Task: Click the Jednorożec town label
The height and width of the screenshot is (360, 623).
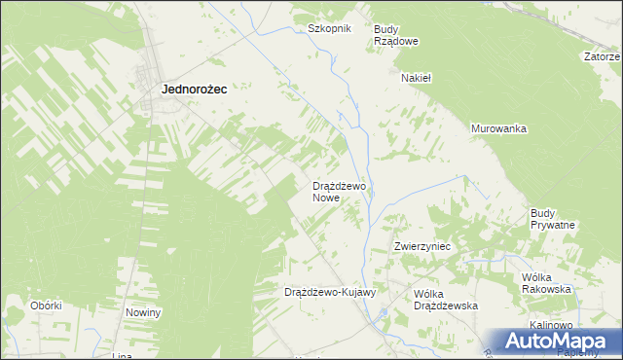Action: click(x=194, y=89)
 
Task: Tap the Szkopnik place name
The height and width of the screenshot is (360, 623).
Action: click(x=328, y=28)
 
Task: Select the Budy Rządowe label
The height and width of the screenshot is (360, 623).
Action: click(x=396, y=35)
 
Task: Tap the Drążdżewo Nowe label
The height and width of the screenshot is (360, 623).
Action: click(x=338, y=191)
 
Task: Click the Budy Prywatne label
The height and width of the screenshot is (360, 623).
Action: click(x=552, y=219)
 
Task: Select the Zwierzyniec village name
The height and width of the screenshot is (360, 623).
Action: click(x=421, y=247)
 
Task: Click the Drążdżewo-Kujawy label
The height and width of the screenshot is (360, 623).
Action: click(x=329, y=292)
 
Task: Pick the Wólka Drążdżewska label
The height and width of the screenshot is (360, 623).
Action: click(x=445, y=300)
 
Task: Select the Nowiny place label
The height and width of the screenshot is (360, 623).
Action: click(x=143, y=312)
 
